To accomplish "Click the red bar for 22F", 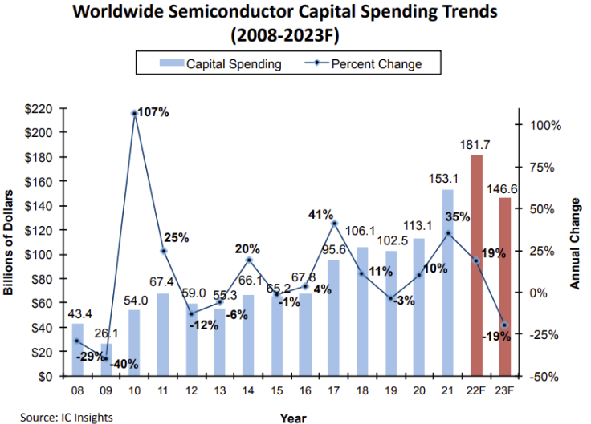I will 476,264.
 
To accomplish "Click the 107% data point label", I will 153,112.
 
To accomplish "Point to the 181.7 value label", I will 476,145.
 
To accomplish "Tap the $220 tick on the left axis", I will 39,108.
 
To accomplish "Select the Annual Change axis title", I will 575,244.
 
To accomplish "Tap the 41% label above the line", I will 321,214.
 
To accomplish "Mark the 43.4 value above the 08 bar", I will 77,311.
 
